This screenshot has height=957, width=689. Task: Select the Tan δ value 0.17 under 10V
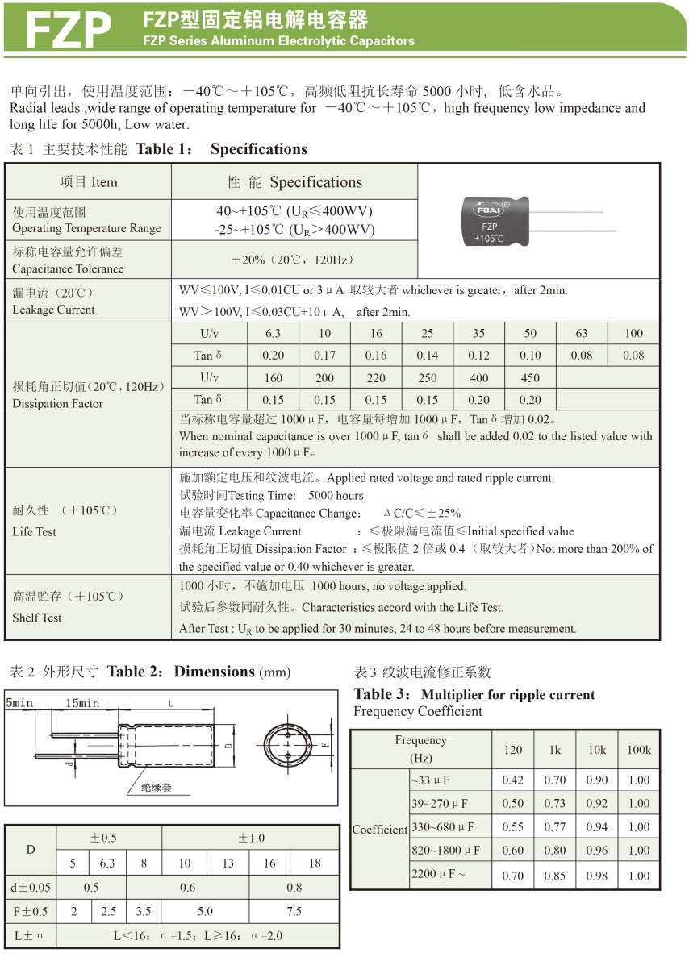pyautogui.click(x=324, y=356)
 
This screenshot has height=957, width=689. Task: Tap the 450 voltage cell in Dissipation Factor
pyautogui.click(x=530, y=377)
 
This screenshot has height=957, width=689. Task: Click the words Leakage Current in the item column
pyautogui.click(x=53, y=310)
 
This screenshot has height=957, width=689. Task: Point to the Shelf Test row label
pyautogui.click(x=37, y=618)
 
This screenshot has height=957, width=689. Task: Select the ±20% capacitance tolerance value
pyautogui.click(x=294, y=260)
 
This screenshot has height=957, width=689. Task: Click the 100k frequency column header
pyautogui.click(x=638, y=750)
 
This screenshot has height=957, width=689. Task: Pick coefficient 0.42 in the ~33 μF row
pyautogui.click(x=512, y=780)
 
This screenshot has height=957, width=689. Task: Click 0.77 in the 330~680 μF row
pyautogui.click(x=554, y=827)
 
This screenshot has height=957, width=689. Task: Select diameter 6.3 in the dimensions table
pyautogui.click(x=107, y=863)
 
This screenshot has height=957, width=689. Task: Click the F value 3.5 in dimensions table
pyautogui.click(x=144, y=912)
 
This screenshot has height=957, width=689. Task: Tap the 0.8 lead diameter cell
pyautogui.click(x=294, y=888)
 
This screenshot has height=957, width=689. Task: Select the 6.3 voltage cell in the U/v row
pyautogui.click(x=273, y=334)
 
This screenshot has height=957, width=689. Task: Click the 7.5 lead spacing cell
pyautogui.click(x=294, y=912)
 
